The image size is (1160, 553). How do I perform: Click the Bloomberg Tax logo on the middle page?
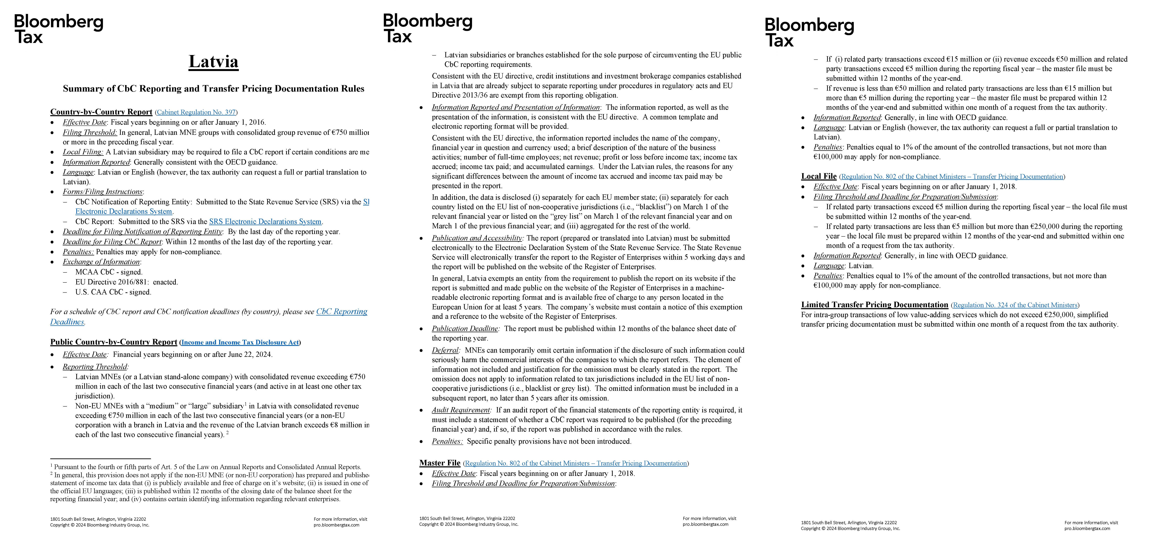pyautogui.click(x=427, y=28)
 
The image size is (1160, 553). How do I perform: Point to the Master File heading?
pyautogui.click(x=440, y=463)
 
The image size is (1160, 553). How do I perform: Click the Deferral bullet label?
pyautogui.click(x=445, y=350)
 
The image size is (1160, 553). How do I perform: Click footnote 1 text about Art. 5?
pyautogui.click(x=207, y=467)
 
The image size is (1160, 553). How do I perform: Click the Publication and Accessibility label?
pyautogui.click(x=476, y=238)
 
